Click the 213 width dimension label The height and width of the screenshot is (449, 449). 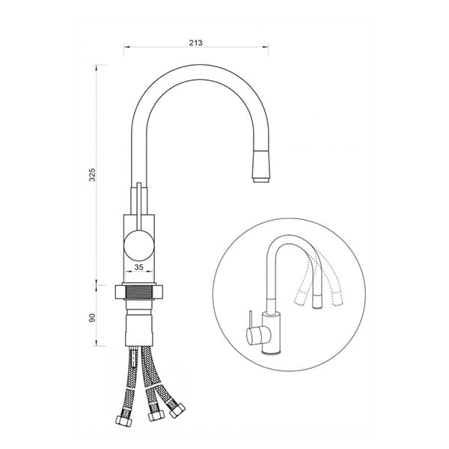196,43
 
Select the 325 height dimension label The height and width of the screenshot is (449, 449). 92,174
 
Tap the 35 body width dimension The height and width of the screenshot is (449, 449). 139,267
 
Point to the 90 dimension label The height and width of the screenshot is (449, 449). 92,317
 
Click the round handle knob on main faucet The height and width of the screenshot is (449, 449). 139,246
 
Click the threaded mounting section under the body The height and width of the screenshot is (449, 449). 138,293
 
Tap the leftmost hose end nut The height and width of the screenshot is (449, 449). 123,420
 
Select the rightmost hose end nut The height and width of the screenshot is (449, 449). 177,410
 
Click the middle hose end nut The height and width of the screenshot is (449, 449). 156,415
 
